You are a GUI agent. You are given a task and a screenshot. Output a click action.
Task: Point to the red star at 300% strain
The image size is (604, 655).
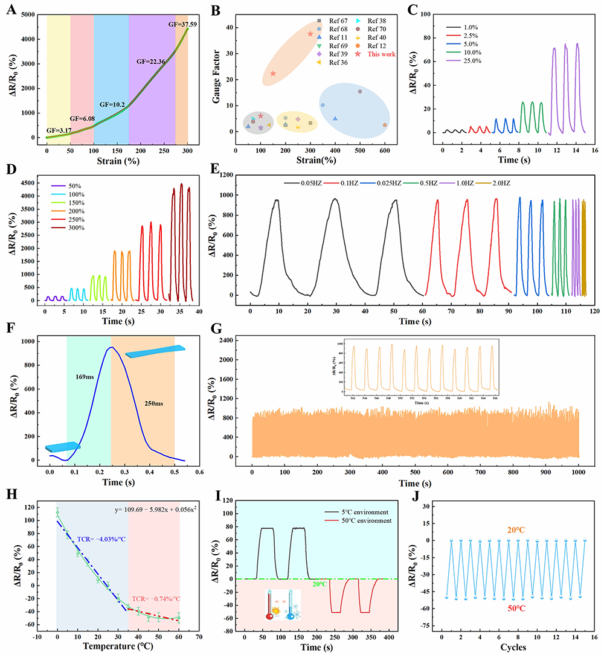pyautogui.click(x=310, y=34)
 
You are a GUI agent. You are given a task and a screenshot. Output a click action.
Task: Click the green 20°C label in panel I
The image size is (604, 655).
pyautogui.click(x=320, y=584)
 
